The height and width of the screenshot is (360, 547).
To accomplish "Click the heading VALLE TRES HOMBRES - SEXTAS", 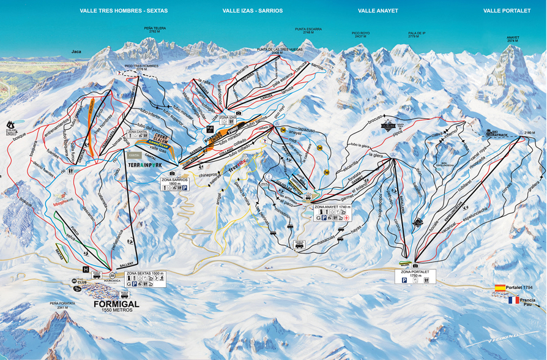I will tap(124, 11).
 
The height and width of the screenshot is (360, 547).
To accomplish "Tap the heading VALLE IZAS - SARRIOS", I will tap(253, 11).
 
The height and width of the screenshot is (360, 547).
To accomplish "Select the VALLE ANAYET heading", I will tap(378, 11).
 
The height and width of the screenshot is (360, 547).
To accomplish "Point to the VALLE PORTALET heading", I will tap(507, 11).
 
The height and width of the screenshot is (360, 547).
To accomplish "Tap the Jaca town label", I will tap(76, 52).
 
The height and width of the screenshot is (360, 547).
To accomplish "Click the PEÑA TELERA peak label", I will tap(154, 29).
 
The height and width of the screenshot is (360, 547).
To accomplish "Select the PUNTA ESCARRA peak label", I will tap(308, 30).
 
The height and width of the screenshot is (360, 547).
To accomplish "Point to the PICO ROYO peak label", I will tap(361, 35).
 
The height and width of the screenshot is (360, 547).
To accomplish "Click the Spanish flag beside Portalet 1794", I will tap(500, 288).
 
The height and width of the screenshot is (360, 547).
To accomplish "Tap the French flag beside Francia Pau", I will tap(512, 300).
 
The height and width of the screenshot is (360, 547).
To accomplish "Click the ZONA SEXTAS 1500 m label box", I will tap(145, 279).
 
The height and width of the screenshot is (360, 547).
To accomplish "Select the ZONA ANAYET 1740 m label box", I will tap(330, 212).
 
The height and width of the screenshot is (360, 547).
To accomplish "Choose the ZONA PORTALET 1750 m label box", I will tap(415, 276).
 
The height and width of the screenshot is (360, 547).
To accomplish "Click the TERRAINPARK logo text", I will tap(145, 165).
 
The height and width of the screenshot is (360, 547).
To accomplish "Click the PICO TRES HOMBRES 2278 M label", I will tap(141, 67).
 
